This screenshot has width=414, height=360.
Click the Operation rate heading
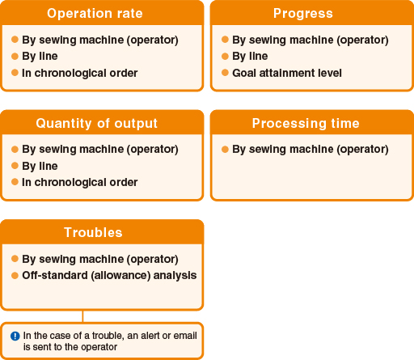[95, 13]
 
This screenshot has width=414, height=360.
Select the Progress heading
[303, 13]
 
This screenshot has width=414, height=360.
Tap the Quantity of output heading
[96, 123]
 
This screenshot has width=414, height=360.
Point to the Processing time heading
[306, 123]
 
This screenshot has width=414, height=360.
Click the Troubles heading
[93, 232]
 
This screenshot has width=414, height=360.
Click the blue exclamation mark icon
[15, 336]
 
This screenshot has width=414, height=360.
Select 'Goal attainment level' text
[287, 73]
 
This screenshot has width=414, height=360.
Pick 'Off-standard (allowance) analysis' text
[109, 276]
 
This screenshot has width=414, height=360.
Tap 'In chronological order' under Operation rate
[80, 73]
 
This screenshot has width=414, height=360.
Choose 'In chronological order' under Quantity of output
[80, 182]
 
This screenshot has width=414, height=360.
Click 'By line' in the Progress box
[250, 56]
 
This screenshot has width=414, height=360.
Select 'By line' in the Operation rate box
[40, 56]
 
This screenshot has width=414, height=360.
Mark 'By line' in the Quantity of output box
[40, 166]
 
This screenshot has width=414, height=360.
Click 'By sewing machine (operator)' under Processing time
[310, 149]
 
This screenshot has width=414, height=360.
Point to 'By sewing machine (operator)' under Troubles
[100, 259]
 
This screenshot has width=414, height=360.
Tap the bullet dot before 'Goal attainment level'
[225, 73]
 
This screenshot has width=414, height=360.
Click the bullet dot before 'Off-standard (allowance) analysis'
[15, 276]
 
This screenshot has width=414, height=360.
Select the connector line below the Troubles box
[82, 316]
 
